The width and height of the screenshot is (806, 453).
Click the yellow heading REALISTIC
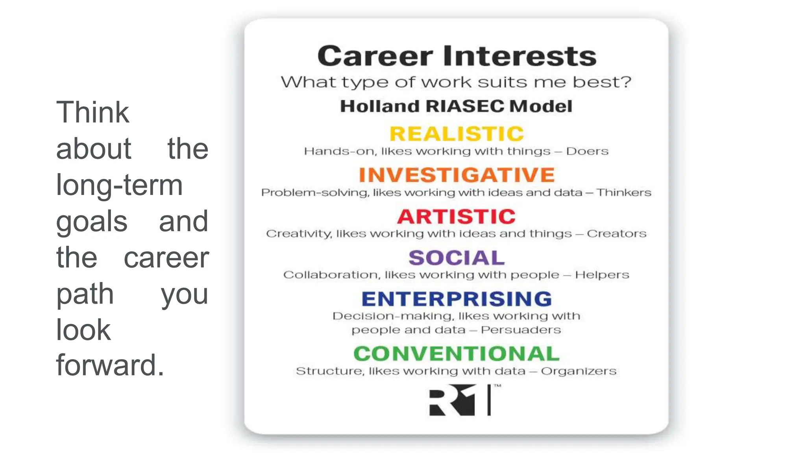[x=457, y=134]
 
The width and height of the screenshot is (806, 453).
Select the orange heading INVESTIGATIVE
[x=457, y=175]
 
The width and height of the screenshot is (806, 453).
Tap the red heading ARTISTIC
[x=456, y=216]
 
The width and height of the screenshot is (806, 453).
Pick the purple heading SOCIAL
[x=457, y=258]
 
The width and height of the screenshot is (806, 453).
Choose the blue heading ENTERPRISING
[x=457, y=299]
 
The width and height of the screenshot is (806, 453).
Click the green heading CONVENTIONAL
[x=457, y=354]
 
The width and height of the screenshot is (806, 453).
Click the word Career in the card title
[x=375, y=56]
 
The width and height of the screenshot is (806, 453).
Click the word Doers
[x=587, y=151]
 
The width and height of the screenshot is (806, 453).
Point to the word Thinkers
[x=624, y=193]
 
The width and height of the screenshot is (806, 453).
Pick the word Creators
[x=616, y=234]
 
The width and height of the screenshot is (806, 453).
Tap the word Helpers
[x=602, y=275]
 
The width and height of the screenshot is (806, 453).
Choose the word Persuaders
[x=521, y=330]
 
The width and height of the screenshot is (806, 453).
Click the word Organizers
[x=579, y=371]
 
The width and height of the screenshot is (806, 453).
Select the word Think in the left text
[x=92, y=112]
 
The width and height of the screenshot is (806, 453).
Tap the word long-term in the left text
[x=119, y=185]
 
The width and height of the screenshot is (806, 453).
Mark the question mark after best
[x=626, y=82]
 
